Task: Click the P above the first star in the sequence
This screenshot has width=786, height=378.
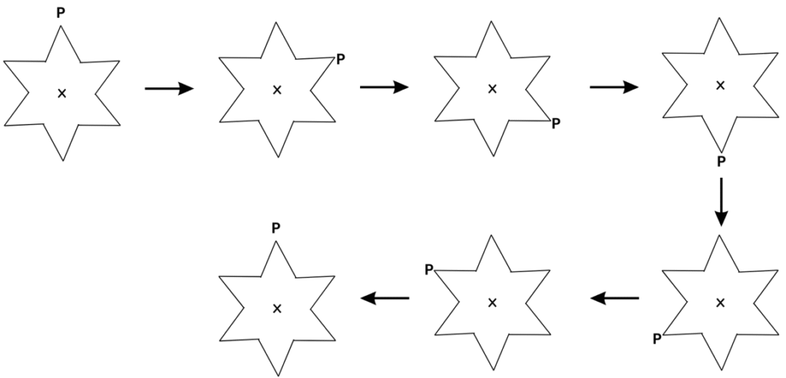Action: [x=61, y=13]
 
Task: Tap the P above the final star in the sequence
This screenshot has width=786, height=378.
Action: [x=276, y=228]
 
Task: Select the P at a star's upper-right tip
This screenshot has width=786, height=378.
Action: [x=341, y=58]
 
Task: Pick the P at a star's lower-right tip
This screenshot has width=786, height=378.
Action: [x=556, y=123]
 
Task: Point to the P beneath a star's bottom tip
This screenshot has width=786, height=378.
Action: [x=720, y=162]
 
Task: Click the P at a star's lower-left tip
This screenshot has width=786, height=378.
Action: [x=657, y=337]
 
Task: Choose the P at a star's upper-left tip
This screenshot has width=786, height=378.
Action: [x=429, y=270]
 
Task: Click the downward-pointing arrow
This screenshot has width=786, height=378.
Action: [x=720, y=202]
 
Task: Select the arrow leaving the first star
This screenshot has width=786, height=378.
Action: [x=169, y=90]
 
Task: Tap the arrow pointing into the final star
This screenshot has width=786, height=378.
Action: [x=385, y=298]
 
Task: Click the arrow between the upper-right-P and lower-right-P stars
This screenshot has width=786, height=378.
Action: [x=384, y=87]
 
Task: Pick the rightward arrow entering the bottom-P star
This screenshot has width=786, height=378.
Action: [x=614, y=87]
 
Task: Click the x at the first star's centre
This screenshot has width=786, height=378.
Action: [x=62, y=94]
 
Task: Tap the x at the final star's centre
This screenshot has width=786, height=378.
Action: [x=277, y=308]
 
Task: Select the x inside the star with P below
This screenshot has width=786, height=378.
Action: [x=720, y=85]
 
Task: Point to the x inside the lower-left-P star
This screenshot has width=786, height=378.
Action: [x=720, y=303]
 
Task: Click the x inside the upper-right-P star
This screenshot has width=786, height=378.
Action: [x=277, y=90]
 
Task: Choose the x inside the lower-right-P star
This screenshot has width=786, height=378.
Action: [x=492, y=89]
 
